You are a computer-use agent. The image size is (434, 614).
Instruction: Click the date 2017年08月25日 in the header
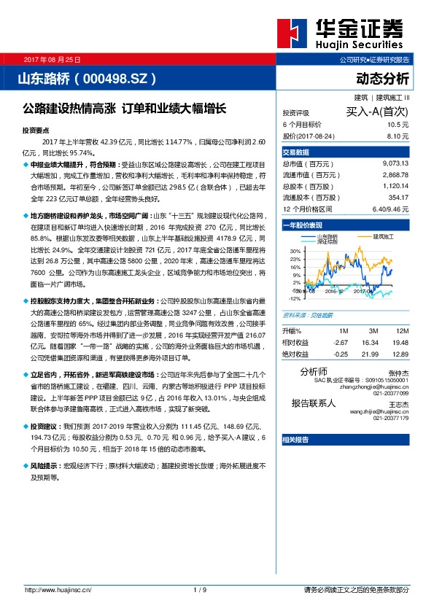coord(52,58)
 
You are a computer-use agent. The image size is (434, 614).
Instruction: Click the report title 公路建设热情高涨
coord(69,108)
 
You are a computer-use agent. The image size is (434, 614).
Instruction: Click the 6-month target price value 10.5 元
coord(397,125)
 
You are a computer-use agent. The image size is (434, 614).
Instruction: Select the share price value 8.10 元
coord(397,136)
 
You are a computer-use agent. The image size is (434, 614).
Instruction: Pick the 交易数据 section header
coord(296,152)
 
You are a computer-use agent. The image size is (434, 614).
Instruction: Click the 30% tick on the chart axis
coord(295,251)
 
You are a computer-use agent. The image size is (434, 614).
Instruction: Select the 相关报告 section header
coord(295,440)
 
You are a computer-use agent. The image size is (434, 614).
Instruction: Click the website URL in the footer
coord(58,589)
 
